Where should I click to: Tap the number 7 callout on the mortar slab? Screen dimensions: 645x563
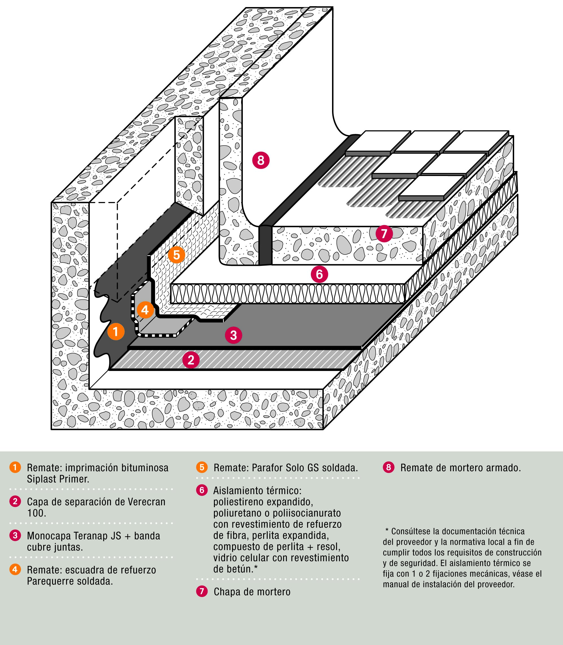point(384,233)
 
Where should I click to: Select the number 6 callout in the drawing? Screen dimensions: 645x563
point(319,274)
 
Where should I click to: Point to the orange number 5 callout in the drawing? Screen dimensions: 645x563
point(176,255)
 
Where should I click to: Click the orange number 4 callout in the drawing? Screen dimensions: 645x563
point(145,310)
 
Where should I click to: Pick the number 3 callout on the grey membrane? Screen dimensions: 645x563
point(234,335)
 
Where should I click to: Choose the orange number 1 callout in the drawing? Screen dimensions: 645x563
point(115,331)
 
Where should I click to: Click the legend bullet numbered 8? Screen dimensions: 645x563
point(388,467)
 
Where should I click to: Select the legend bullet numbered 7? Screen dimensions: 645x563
point(202,592)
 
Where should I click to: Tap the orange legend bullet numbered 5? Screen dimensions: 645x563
point(202,467)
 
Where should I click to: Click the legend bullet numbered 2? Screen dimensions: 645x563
point(15,501)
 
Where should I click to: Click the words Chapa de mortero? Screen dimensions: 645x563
point(252,592)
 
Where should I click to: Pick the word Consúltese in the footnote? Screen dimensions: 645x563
point(411,531)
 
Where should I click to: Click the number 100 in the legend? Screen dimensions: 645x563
point(36,513)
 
